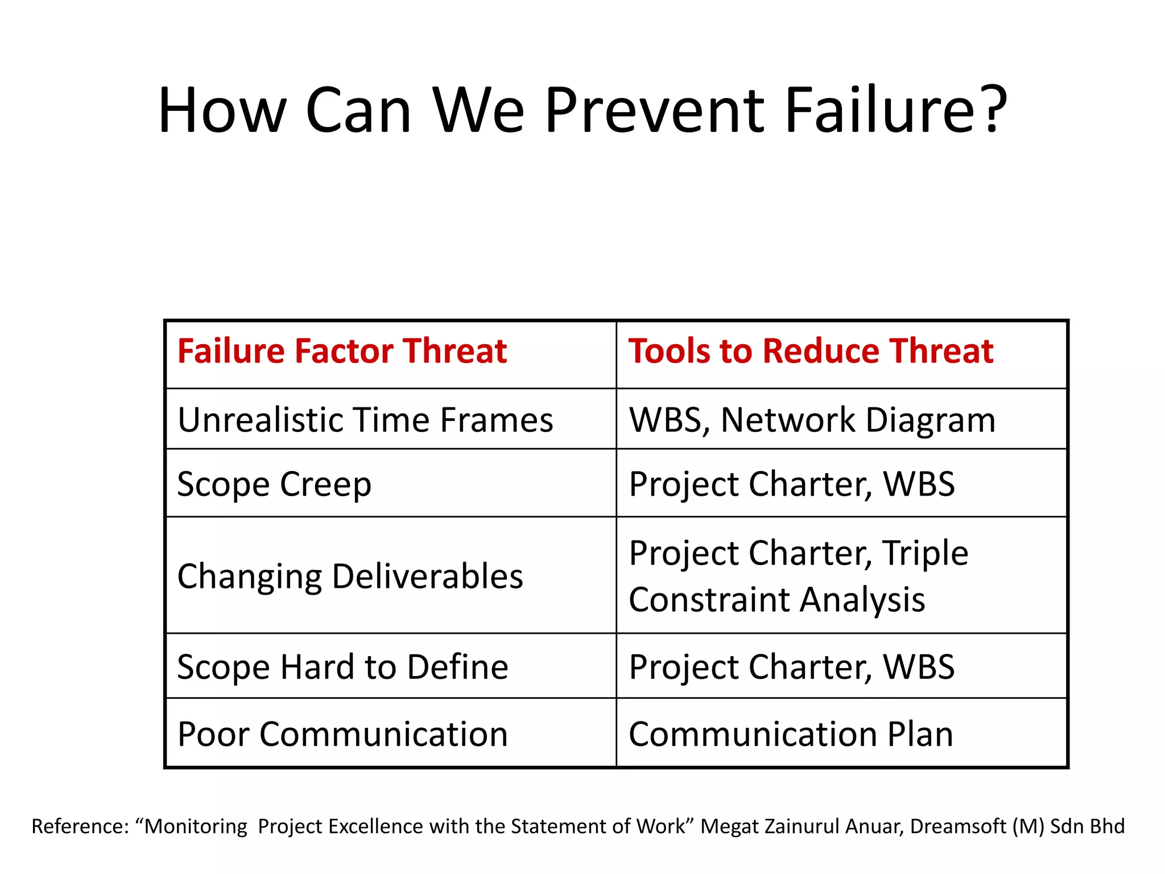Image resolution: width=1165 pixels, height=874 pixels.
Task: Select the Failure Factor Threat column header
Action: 342,351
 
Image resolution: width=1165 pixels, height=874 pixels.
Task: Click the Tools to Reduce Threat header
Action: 811,351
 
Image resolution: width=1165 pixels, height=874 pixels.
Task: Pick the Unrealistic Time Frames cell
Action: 365,420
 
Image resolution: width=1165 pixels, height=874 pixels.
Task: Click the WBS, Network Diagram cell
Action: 812,420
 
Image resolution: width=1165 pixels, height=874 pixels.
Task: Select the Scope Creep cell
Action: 274,484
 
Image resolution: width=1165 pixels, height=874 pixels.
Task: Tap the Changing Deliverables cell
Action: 350,576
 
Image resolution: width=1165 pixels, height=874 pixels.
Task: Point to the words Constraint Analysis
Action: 776,600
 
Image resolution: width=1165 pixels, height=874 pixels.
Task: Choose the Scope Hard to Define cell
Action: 342,667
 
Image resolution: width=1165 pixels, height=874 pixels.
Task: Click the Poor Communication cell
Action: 342,734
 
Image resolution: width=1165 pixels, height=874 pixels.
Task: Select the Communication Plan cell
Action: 791,734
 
